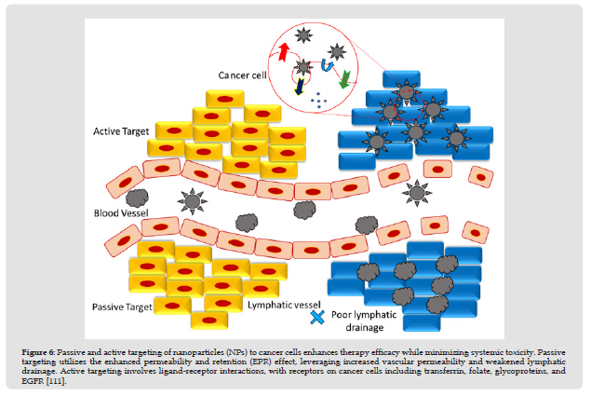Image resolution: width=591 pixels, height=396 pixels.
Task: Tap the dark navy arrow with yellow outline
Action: pos(299,86)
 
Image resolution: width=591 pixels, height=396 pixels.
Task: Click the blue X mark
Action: pos(317,319)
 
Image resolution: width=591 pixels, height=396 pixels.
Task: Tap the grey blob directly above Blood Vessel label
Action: pos(137,198)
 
